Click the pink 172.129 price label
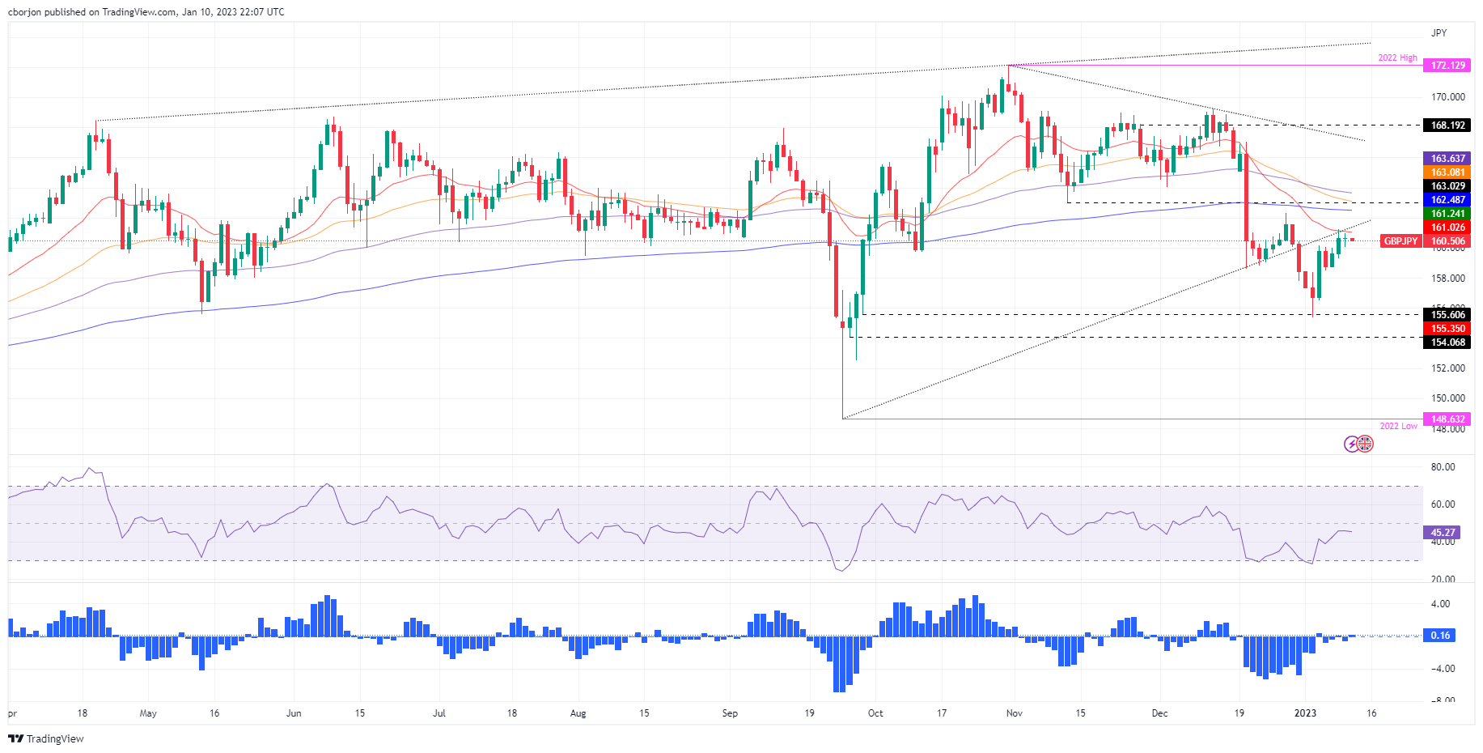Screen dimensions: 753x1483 coord(1447,66)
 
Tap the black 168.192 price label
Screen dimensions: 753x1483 coord(1447,125)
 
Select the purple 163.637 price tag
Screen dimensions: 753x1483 coord(1447,159)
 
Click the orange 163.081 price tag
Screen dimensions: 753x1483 coord(1447,172)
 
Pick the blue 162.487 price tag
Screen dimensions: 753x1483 coord(1447,200)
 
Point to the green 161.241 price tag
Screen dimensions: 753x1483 coord(1447,214)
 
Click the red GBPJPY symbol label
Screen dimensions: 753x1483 coord(1400,241)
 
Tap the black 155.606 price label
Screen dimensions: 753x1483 coord(1447,315)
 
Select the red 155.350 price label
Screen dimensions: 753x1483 coord(1447,329)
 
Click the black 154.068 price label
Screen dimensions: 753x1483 coord(1447,342)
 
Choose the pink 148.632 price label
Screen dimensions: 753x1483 coord(1447,419)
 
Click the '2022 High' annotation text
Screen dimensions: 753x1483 coord(1397,58)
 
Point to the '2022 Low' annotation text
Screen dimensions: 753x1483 coord(1398,426)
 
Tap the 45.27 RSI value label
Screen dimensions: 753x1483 coord(1443,533)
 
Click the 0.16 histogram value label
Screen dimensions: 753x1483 coord(1440,636)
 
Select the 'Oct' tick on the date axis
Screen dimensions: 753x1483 coord(875,713)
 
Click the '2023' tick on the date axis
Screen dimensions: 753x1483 coord(1305,713)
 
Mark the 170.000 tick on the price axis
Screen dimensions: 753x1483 coord(1447,97)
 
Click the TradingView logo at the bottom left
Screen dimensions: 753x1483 coord(46,738)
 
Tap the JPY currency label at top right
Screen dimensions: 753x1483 coord(1439,33)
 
